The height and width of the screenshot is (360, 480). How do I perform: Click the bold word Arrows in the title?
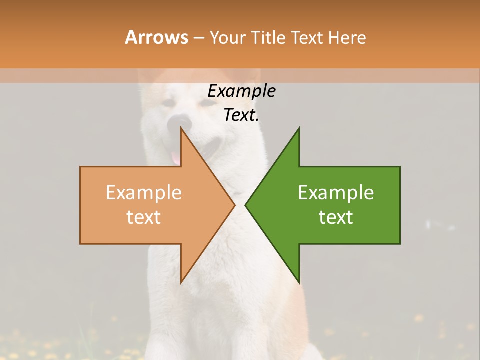(x=157, y=37)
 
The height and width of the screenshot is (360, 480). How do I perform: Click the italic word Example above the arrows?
(x=241, y=91)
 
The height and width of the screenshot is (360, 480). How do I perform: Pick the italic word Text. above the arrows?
(x=241, y=115)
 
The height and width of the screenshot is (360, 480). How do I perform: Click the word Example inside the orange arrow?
(x=144, y=193)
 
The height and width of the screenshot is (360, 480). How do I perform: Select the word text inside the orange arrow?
(x=144, y=217)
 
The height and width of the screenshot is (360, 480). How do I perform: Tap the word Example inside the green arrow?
(x=336, y=193)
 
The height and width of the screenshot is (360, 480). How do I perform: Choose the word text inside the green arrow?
(x=336, y=217)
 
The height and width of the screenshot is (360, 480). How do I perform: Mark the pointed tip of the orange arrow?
(x=235, y=205)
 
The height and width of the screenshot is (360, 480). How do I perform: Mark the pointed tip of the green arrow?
(x=245, y=205)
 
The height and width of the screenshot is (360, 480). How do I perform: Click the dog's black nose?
(x=179, y=122)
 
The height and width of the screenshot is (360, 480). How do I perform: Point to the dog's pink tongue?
(x=176, y=159)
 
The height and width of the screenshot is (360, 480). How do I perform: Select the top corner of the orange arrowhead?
(x=181, y=128)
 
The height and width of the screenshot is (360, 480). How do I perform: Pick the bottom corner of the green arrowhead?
(x=299, y=283)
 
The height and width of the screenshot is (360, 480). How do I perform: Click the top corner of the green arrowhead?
(x=299, y=128)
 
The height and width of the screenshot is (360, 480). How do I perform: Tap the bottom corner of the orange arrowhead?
(x=181, y=283)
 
